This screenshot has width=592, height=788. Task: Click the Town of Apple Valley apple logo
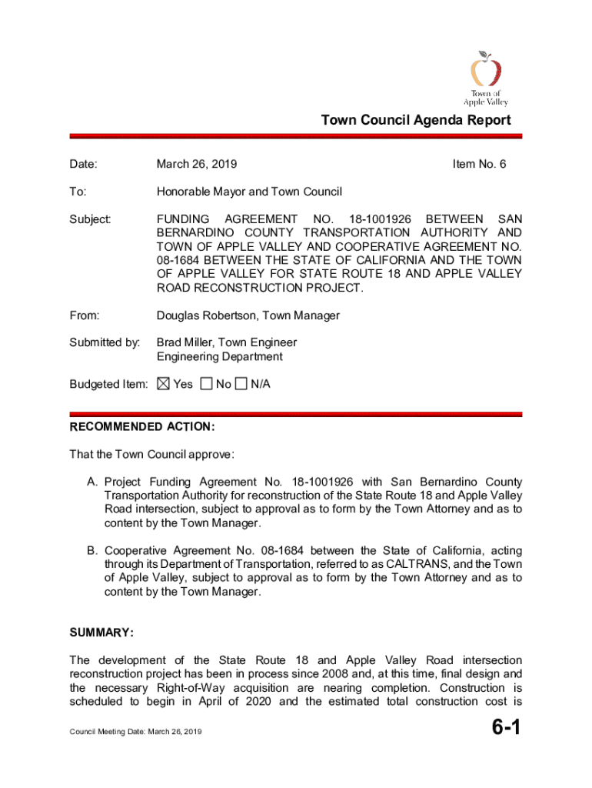486,71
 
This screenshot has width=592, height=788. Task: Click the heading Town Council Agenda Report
415,120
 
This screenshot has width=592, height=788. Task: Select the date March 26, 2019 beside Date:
197,164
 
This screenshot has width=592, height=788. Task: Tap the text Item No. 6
480,164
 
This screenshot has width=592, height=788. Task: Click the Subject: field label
91,219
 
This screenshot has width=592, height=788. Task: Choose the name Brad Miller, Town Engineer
227,342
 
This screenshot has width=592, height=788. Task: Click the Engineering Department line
220,356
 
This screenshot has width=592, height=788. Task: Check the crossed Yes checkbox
162,384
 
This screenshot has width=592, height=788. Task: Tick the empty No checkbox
206,384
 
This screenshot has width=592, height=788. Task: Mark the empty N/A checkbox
241,384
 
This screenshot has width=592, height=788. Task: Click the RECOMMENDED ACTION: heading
142,427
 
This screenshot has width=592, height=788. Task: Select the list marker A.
91,482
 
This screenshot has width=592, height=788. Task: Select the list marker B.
91,551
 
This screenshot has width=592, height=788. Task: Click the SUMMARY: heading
102,633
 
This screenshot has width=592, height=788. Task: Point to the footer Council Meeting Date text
135,732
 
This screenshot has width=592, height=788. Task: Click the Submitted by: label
105,342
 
